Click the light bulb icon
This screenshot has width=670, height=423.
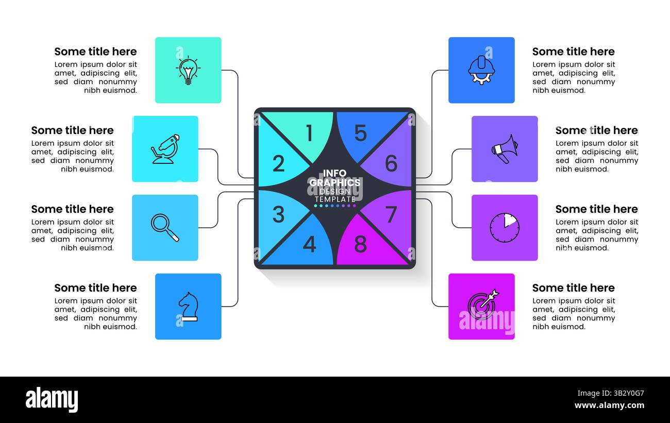188,70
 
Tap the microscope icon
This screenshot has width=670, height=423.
165,149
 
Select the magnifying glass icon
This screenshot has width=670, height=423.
165,228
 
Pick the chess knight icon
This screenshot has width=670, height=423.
189,307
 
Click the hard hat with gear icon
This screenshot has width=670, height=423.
481,70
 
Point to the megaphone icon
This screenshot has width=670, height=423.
505,149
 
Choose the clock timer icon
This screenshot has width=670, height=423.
505,228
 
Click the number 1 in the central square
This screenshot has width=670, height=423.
310,133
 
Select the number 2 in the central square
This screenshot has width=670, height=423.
278,163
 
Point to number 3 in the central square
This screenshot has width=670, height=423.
278,214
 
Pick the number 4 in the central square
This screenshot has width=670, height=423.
309,244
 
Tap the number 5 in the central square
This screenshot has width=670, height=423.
360,133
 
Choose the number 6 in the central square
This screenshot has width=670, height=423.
391,163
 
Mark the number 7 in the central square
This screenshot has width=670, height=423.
391,214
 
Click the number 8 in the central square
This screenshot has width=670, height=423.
360,244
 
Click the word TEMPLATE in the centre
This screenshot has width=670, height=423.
335,199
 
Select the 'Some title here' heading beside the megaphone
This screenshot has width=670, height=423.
597,130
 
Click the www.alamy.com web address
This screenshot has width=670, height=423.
610,405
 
